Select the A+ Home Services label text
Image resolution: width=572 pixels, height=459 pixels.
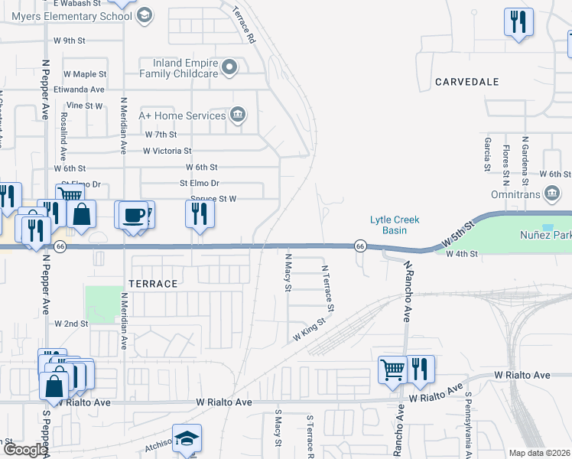(181, 116)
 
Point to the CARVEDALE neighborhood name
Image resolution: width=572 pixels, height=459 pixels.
(466, 82)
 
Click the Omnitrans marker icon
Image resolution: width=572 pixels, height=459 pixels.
(551, 194)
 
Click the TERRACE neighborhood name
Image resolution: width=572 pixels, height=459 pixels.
(153, 284)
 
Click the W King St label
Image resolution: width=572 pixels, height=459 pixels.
(309, 330)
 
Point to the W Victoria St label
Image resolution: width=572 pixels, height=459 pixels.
(167, 151)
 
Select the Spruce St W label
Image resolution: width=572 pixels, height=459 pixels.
(214, 199)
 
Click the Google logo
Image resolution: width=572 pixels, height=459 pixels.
(24, 451)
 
